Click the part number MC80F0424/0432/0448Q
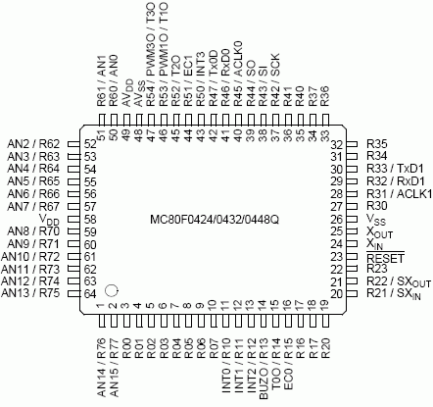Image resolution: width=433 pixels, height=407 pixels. coord(215,220)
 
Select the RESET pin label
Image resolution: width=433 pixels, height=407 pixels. coord(385,258)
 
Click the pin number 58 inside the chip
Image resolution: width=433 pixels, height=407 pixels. coord(90,220)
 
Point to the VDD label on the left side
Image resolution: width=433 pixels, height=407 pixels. coord(49,220)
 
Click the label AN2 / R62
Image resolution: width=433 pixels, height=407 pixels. coord(33,144)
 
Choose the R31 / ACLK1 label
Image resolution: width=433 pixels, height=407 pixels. coord(400,194)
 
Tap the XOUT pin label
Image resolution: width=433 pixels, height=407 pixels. coord(379,232)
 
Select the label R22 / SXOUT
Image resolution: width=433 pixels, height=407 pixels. coord(399,281)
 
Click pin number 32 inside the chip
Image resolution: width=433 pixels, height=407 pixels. coord(337,144)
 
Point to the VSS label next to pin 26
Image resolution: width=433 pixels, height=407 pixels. coord(376,219)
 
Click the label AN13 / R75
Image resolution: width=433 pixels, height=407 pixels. coord(30,293)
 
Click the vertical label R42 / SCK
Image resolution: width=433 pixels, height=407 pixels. coord(275,79)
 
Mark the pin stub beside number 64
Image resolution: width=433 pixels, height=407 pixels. coord(74,293)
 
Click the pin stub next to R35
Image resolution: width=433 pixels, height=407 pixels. coord(352,144)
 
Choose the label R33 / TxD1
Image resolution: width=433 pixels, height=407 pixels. coord(395,169)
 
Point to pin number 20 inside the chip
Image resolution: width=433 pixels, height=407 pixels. coord(337,294)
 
